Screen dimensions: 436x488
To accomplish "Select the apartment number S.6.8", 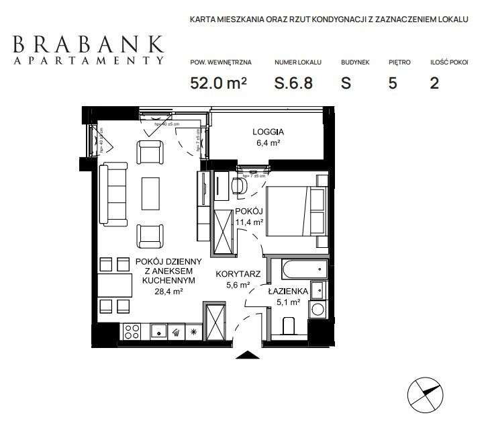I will [294, 83].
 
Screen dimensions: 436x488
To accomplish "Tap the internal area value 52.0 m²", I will [219, 83].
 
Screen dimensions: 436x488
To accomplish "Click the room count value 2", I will [434, 83].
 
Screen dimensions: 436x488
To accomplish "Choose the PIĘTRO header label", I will [399, 62].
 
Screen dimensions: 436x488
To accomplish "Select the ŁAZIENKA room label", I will [288, 292].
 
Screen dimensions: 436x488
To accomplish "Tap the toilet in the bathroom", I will [290, 326].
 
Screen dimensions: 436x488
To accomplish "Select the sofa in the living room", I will [113, 195].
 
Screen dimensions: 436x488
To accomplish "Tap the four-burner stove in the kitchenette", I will [132, 331].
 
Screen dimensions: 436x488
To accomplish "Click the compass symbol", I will [426, 394].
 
